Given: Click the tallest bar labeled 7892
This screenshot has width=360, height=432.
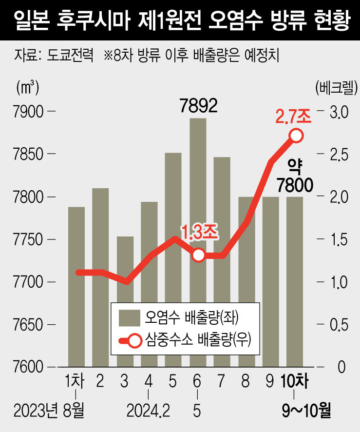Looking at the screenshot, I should pos(198,195).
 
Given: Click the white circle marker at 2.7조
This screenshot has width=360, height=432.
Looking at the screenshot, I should pos(296,135).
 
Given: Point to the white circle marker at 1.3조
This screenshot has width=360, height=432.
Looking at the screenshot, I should pos(198,255).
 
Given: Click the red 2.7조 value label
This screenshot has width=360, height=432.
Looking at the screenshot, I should pos(293,117).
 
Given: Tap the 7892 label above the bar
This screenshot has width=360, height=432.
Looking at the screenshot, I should pos(197,104).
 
